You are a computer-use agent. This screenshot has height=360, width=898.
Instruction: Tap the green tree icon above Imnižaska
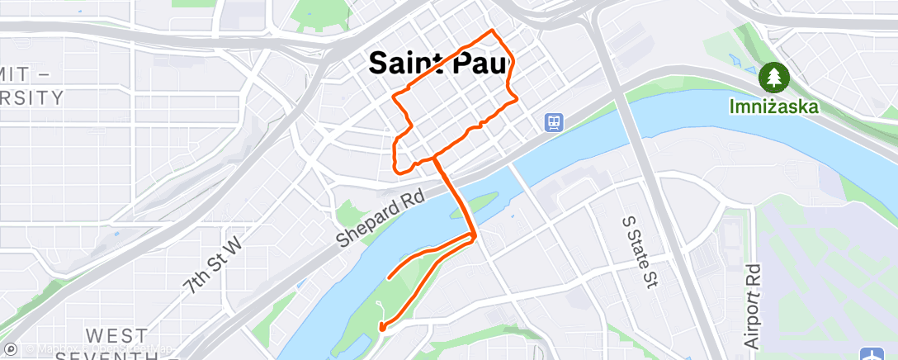click(x=775, y=78)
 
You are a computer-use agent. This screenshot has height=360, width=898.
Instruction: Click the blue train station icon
click(x=553, y=123)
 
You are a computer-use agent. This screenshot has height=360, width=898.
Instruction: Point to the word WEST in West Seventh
click(x=116, y=336)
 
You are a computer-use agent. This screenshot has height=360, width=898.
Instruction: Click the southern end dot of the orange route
click(x=382, y=328)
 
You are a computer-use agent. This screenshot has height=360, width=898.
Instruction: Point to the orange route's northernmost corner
click(x=493, y=31)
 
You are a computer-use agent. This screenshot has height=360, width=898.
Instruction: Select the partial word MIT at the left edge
click(x=25, y=73)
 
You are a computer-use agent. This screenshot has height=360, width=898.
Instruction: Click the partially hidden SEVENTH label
click(x=124, y=355)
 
